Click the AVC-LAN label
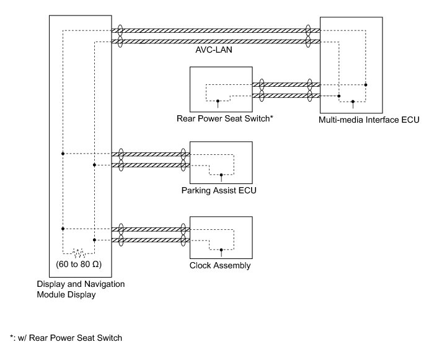[x=214, y=50]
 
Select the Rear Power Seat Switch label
[x=224, y=118]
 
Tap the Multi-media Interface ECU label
[x=369, y=120]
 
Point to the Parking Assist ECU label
[x=219, y=191]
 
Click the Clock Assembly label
[x=220, y=266]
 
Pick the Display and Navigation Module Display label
[x=81, y=289]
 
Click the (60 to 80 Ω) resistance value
[x=79, y=265]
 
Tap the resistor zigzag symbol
[x=79, y=253]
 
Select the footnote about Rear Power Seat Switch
[x=66, y=338]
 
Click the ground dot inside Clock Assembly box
[x=221, y=250]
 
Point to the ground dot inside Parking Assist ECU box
[x=221, y=175]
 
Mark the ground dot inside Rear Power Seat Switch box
[x=218, y=101]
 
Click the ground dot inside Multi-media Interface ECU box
[x=353, y=102]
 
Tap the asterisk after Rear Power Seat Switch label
[x=272, y=117]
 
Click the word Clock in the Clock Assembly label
[x=199, y=265]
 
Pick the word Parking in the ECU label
[x=195, y=191]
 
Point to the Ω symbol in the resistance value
[x=96, y=264]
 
